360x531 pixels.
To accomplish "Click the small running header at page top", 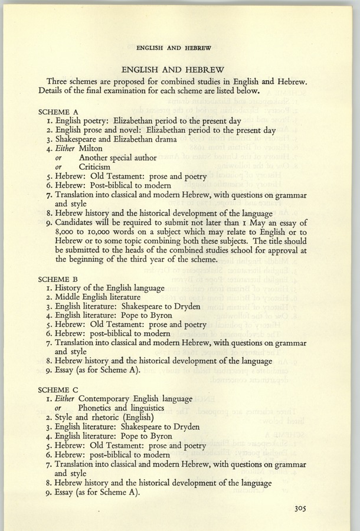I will [173, 47].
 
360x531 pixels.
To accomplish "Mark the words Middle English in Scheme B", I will [82, 296].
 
